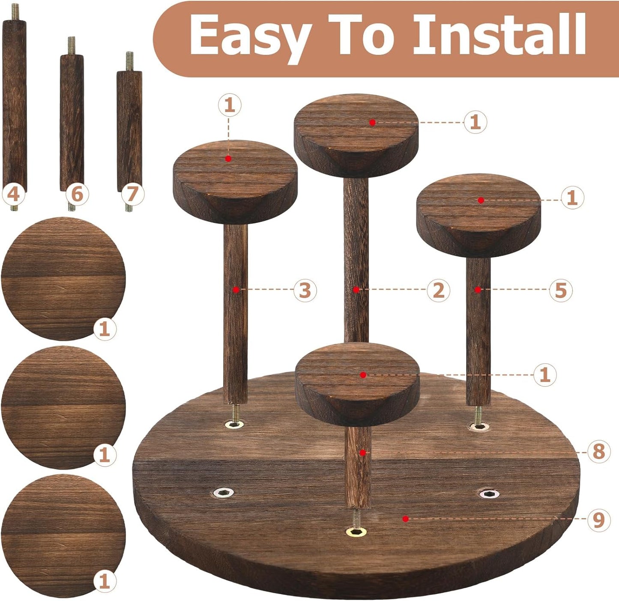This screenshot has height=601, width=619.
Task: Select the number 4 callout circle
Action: coord(13,194)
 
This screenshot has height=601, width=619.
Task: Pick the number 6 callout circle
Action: coord(77,194)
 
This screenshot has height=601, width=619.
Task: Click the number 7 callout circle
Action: coord(132,194)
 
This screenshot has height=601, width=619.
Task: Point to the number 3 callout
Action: coord(305,290)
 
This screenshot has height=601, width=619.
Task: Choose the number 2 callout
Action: coord(438,290)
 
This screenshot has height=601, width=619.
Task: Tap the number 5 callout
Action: coord(561,290)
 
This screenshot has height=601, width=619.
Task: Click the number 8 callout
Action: coord(598,451)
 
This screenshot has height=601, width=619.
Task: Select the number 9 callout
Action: coord(598,520)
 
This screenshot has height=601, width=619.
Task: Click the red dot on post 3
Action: coord(236,290)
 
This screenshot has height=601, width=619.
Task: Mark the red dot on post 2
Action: coord(356,290)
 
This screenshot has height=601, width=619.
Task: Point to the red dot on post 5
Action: coord(478,290)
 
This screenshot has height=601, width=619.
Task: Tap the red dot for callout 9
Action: coord(405,519)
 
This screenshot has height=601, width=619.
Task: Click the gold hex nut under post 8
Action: coord(356,532)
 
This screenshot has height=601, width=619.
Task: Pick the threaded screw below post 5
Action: coord(478,414)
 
